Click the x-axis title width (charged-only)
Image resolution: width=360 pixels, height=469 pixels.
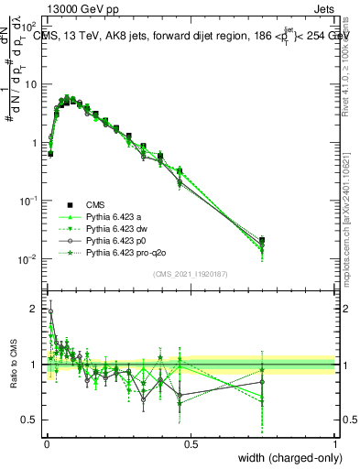click(286, 458)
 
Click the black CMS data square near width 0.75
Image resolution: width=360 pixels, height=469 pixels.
click(262, 240)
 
